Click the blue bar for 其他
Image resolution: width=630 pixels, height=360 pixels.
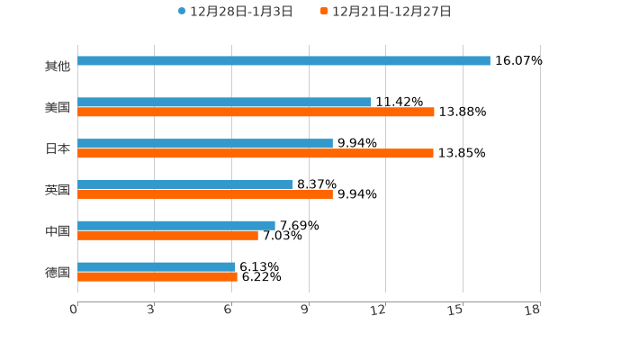coord(283,61)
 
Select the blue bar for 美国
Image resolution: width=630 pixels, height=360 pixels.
coord(224,103)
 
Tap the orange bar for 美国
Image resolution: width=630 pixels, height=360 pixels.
coord(256,112)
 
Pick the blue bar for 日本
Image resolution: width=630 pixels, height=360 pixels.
coord(205,144)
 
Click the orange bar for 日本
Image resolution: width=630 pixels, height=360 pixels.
coord(256,154)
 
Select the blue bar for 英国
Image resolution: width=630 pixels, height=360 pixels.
coord(185,184)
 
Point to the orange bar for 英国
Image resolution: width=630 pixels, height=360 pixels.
coord(205,194)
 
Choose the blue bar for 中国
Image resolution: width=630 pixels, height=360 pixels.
coord(176,226)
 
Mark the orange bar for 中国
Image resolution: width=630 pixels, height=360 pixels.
coord(167,236)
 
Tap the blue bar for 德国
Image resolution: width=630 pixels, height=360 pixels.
coord(157,266)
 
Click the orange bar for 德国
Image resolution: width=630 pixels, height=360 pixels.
coord(157,277)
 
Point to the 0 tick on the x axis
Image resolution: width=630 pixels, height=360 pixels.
coord(75,310)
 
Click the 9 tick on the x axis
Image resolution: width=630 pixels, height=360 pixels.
coord(306,310)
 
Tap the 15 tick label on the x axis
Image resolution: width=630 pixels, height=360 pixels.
coord(456,310)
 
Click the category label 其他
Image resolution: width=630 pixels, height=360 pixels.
coord(58,67)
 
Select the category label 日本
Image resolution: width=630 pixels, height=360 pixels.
coord(58,149)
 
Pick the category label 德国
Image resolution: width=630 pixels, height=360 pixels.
coord(58,272)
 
